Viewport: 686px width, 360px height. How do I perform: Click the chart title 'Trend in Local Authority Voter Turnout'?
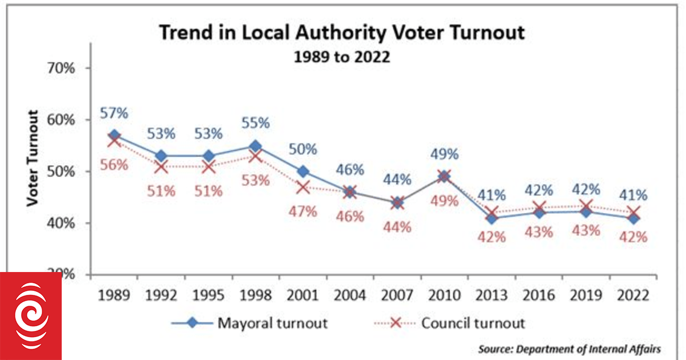(341, 33)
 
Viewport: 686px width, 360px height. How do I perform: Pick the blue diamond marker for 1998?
(256, 146)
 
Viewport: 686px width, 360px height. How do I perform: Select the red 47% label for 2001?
(302, 211)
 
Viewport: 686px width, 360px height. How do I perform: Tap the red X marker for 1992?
(161, 166)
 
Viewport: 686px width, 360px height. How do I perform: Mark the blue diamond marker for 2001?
(303, 171)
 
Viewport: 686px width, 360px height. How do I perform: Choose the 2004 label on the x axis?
(350, 296)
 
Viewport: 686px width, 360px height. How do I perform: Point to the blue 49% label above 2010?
(444, 154)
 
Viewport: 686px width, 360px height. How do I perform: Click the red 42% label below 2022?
(633, 237)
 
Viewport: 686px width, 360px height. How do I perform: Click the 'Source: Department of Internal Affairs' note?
(569, 348)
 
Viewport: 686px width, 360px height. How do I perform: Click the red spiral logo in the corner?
(30, 315)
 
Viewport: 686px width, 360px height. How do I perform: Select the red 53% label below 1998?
(256, 181)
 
